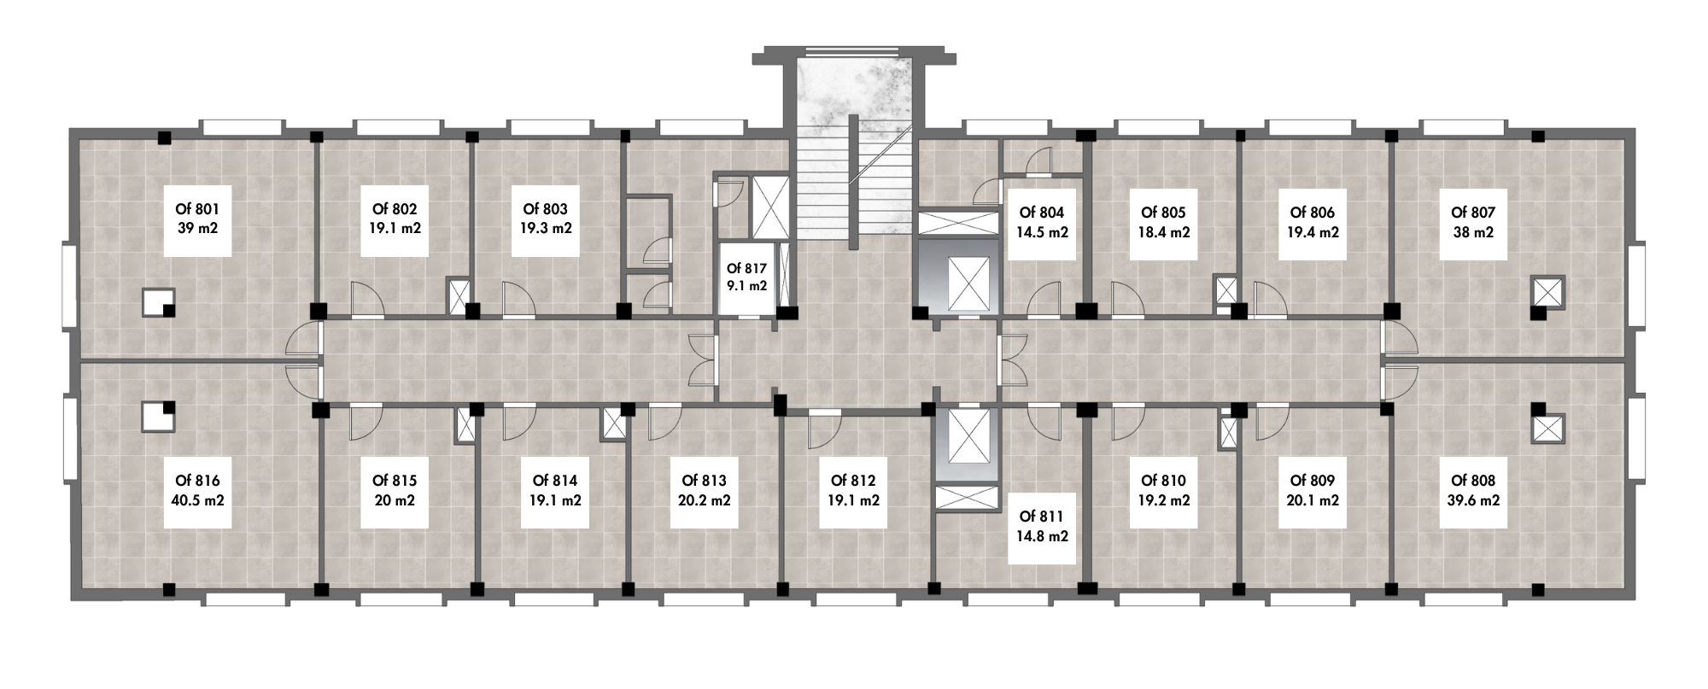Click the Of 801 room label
pos(197,209)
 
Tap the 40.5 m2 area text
pos(197,500)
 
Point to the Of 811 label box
pos(1041,527)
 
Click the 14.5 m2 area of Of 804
pos(1041,232)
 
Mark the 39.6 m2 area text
pos(1473,500)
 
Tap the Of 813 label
pos(704,481)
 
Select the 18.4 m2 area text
pos(1163,232)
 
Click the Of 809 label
pos(1312,481)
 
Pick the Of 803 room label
pos(545,209)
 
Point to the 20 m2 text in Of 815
pos(395,500)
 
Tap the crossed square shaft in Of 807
pos(1547,291)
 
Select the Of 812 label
pos(853,481)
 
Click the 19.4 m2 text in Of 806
pos(1312,232)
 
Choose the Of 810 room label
pos(1163,481)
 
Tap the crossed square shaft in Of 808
pos(1547,429)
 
